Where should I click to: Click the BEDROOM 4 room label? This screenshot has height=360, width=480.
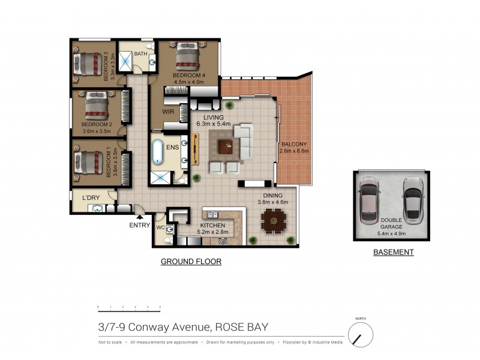[190, 76]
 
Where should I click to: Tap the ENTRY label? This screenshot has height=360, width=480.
[140, 225]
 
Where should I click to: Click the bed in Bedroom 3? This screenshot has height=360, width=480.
[88, 64]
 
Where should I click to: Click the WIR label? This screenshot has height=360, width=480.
[168, 112]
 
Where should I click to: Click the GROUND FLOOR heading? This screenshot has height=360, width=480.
[191, 262]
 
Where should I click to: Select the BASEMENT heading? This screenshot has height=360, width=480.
[394, 253]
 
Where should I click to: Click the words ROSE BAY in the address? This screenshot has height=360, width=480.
[241, 327]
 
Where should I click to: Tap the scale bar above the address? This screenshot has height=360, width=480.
[129, 307]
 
